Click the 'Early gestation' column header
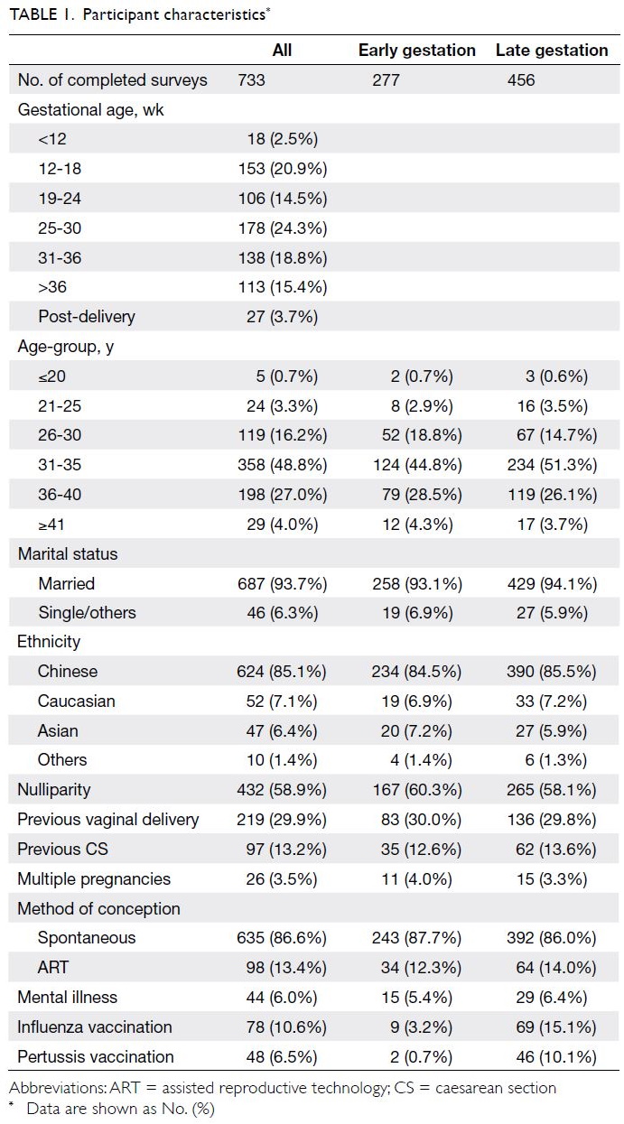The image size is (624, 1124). pos(416,51)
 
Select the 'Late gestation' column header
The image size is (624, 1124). pos(552,51)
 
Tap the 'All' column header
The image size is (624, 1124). pos(282,51)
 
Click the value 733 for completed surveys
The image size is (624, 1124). pos(252,79)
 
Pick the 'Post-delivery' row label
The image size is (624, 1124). pos(87,317)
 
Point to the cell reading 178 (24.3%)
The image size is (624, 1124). pos(283,228)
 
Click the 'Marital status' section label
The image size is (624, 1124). pos(68,554)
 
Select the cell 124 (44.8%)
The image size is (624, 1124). pos(417,465)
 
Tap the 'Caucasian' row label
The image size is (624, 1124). pos(76,701)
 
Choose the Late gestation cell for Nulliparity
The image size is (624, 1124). pos(552,790)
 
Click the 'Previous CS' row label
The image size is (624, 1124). pos(62,849)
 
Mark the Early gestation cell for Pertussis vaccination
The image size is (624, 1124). pos(422,1057)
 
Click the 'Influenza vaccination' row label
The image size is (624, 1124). pos(95,1027)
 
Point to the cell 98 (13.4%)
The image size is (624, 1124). pos(286,968)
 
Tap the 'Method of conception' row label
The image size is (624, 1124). pos(99,909)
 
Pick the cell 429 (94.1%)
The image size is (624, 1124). pos(553,583)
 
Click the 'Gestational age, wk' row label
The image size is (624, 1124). pos(91,110)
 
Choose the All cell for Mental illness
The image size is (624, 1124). pos(282,998)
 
